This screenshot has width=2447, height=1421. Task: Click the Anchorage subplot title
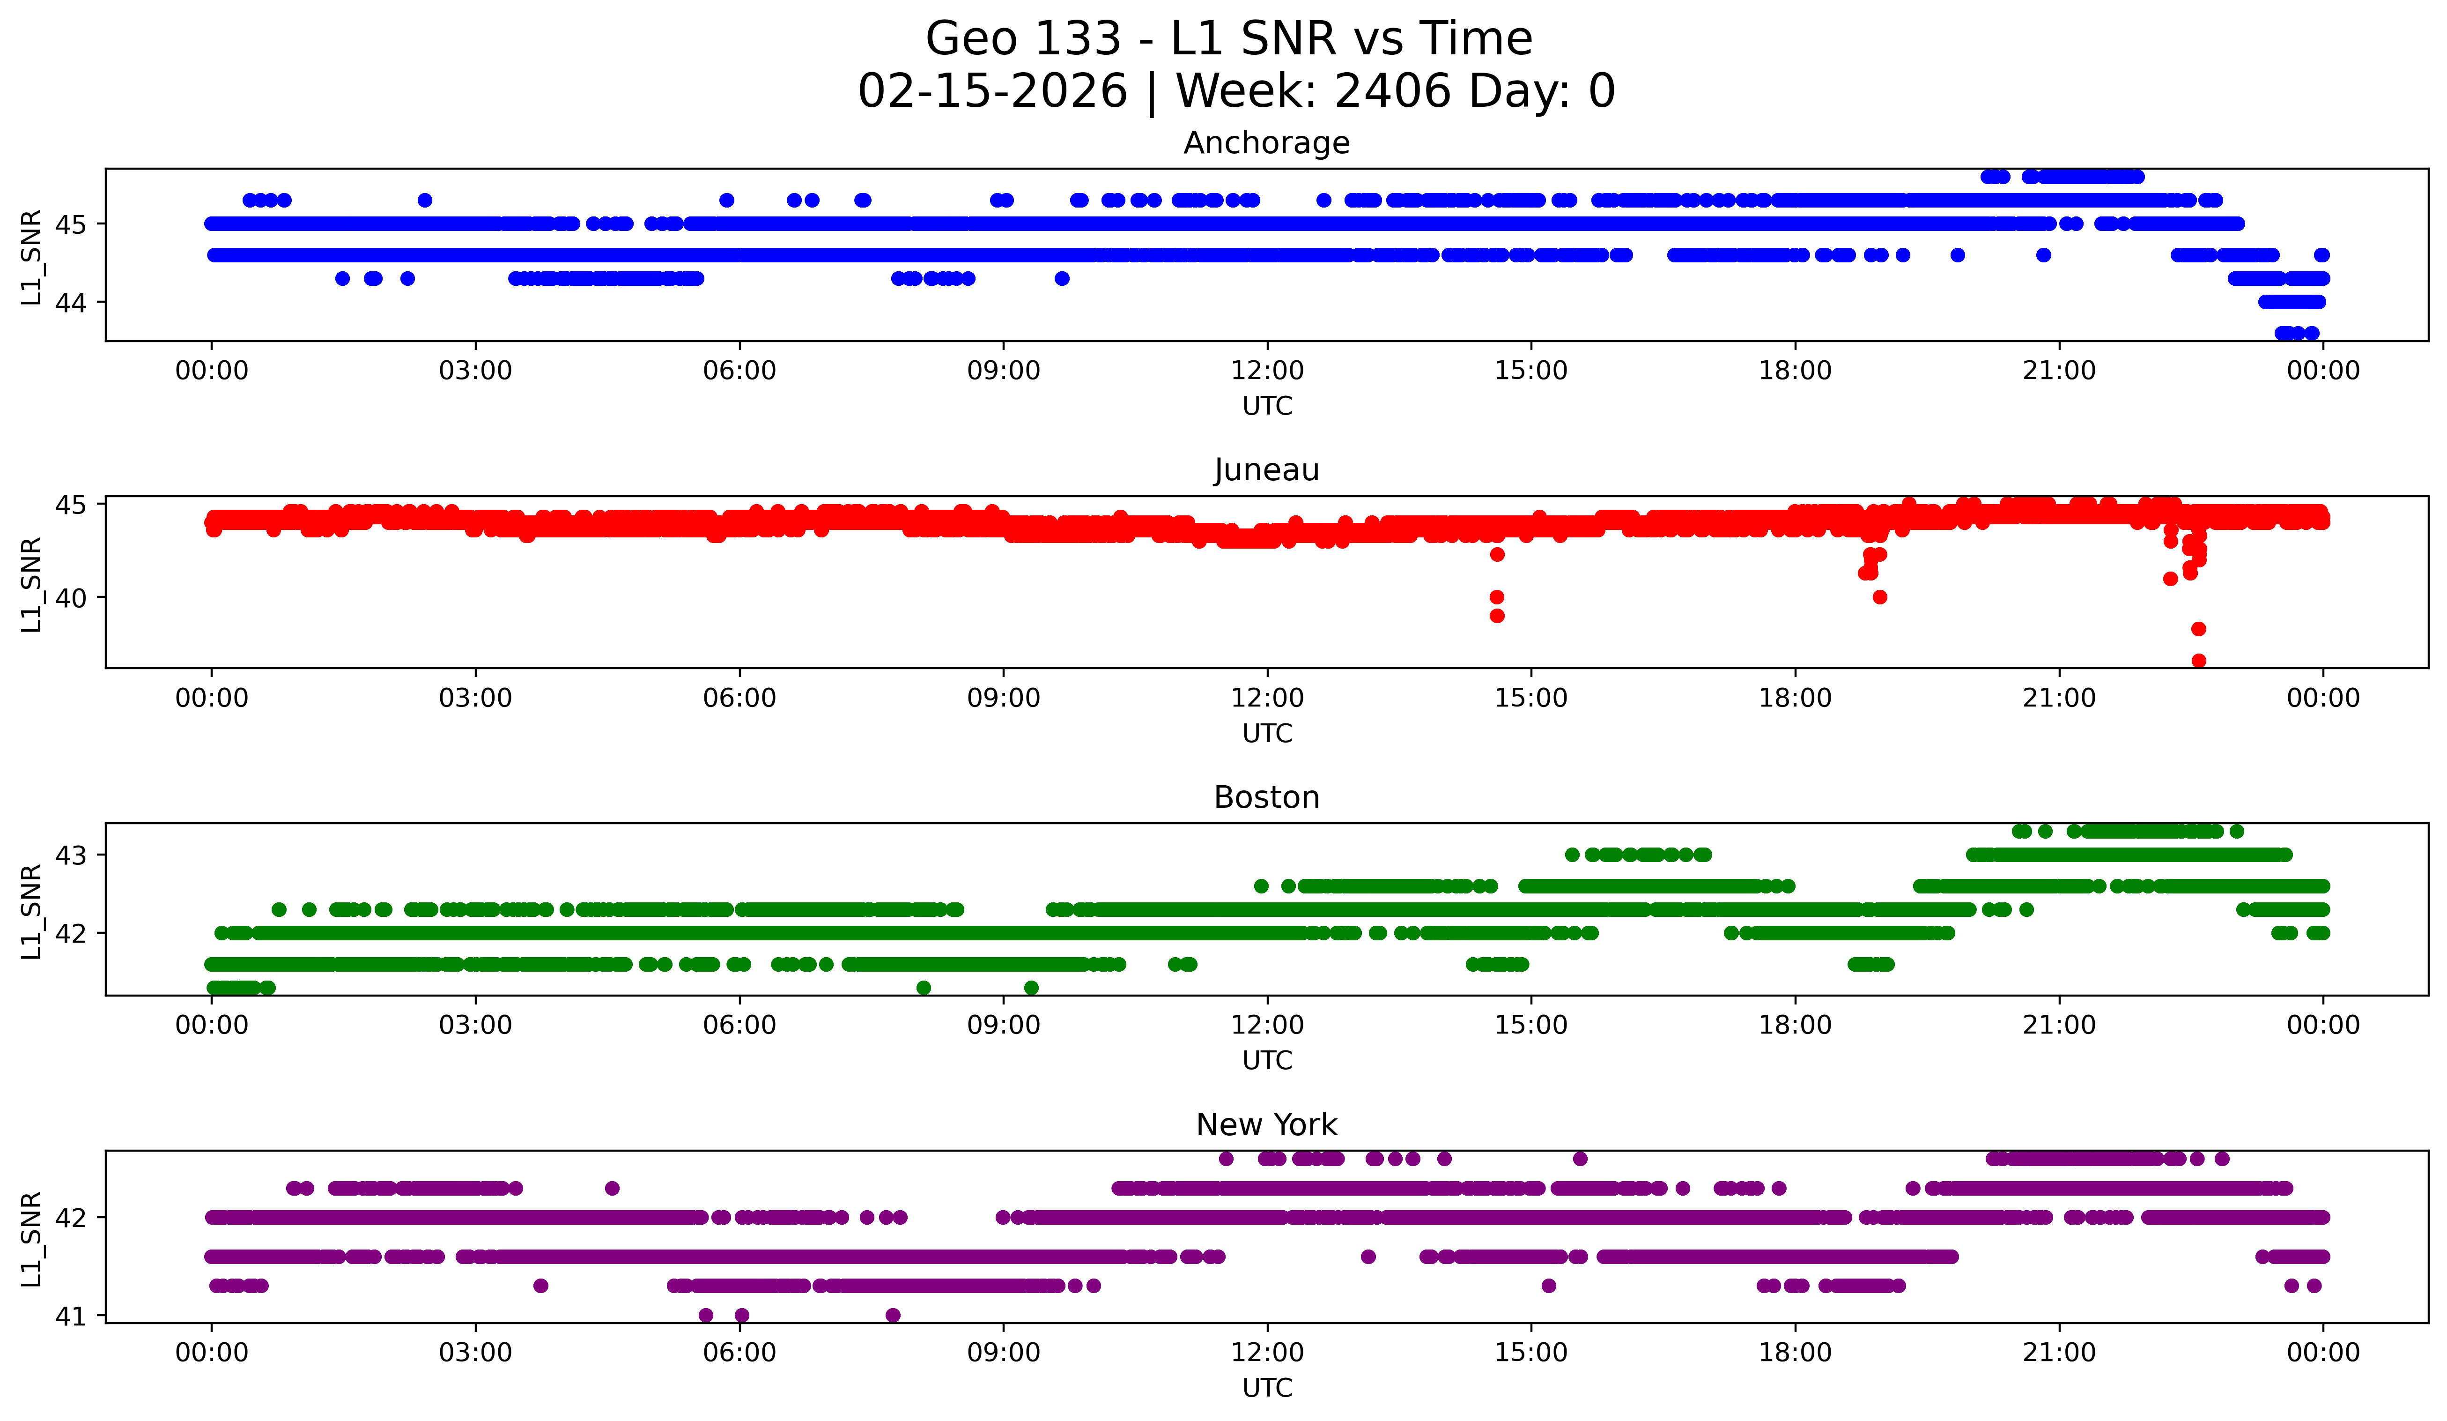pos(1266,143)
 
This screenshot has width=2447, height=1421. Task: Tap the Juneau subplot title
pos(1266,470)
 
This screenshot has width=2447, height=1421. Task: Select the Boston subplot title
pos(1266,797)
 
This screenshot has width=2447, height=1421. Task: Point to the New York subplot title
pos(1266,1125)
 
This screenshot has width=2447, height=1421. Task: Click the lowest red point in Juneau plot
pos(2198,661)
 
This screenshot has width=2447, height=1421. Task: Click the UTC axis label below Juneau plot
pos(1266,733)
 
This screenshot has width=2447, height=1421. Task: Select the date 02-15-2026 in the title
pos(992,91)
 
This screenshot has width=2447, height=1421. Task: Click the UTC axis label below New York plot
pos(1266,1388)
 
